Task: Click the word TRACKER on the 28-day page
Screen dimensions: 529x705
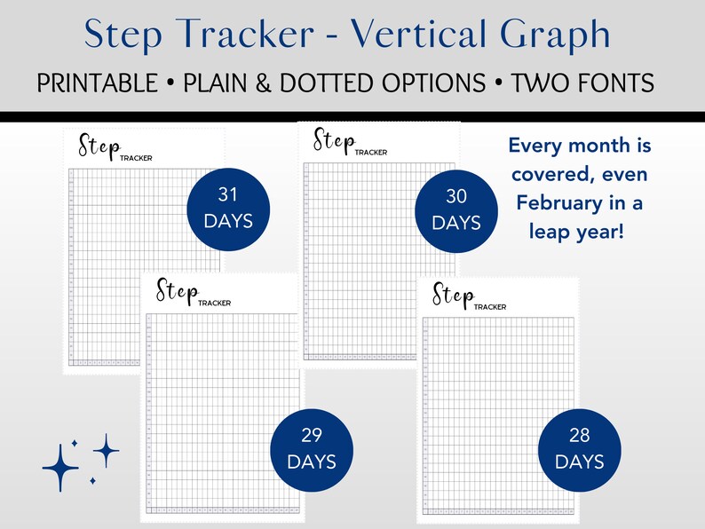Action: [489, 306]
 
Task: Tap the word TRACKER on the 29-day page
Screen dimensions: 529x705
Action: [214, 303]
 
